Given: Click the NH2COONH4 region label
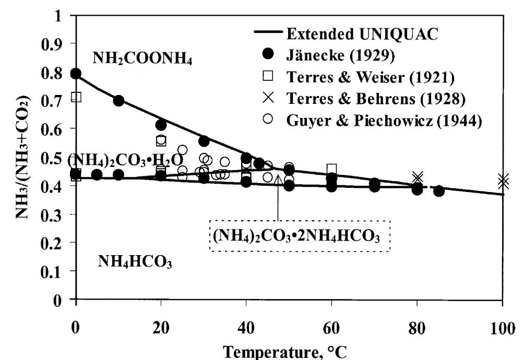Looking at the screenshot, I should click(x=142, y=59).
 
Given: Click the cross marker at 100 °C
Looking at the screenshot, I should click(x=503, y=182).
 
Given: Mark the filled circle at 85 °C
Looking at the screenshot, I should click(x=439, y=191).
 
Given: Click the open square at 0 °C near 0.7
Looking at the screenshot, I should click(x=76, y=97).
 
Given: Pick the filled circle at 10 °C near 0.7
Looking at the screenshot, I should click(x=118, y=101).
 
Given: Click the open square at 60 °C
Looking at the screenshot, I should click(x=331, y=169).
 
